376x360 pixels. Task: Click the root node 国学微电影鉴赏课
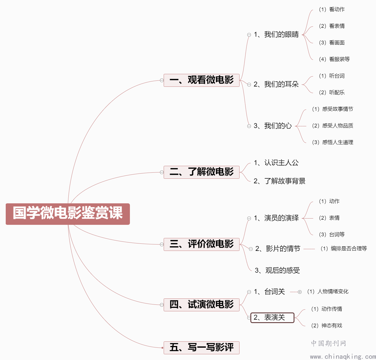(x=68, y=214)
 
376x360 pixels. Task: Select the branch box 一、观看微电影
(x=201, y=80)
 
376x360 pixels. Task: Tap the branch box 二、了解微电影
(x=201, y=172)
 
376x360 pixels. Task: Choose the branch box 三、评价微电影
(x=201, y=244)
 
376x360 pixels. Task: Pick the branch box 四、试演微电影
(x=201, y=305)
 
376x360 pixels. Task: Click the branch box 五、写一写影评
(x=201, y=348)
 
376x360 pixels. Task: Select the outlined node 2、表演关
(x=272, y=317)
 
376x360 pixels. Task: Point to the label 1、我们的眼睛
(x=276, y=34)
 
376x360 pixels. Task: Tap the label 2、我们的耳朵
(x=276, y=84)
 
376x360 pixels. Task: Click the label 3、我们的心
(x=273, y=126)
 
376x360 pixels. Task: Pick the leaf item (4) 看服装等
(x=334, y=59)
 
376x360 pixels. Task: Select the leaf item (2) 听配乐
(x=332, y=93)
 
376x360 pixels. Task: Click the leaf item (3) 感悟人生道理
(x=333, y=142)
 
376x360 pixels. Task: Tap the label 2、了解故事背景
(x=279, y=181)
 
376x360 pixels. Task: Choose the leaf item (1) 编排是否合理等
(x=344, y=248)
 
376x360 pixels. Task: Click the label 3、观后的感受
(x=277, y=270)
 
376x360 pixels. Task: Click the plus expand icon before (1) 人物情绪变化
(x=300, y=292)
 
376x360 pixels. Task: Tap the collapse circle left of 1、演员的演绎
(x=249, y=218)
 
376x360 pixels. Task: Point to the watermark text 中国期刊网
(x=328, y=343)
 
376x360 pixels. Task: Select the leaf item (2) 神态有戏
(x=326, y=326)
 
